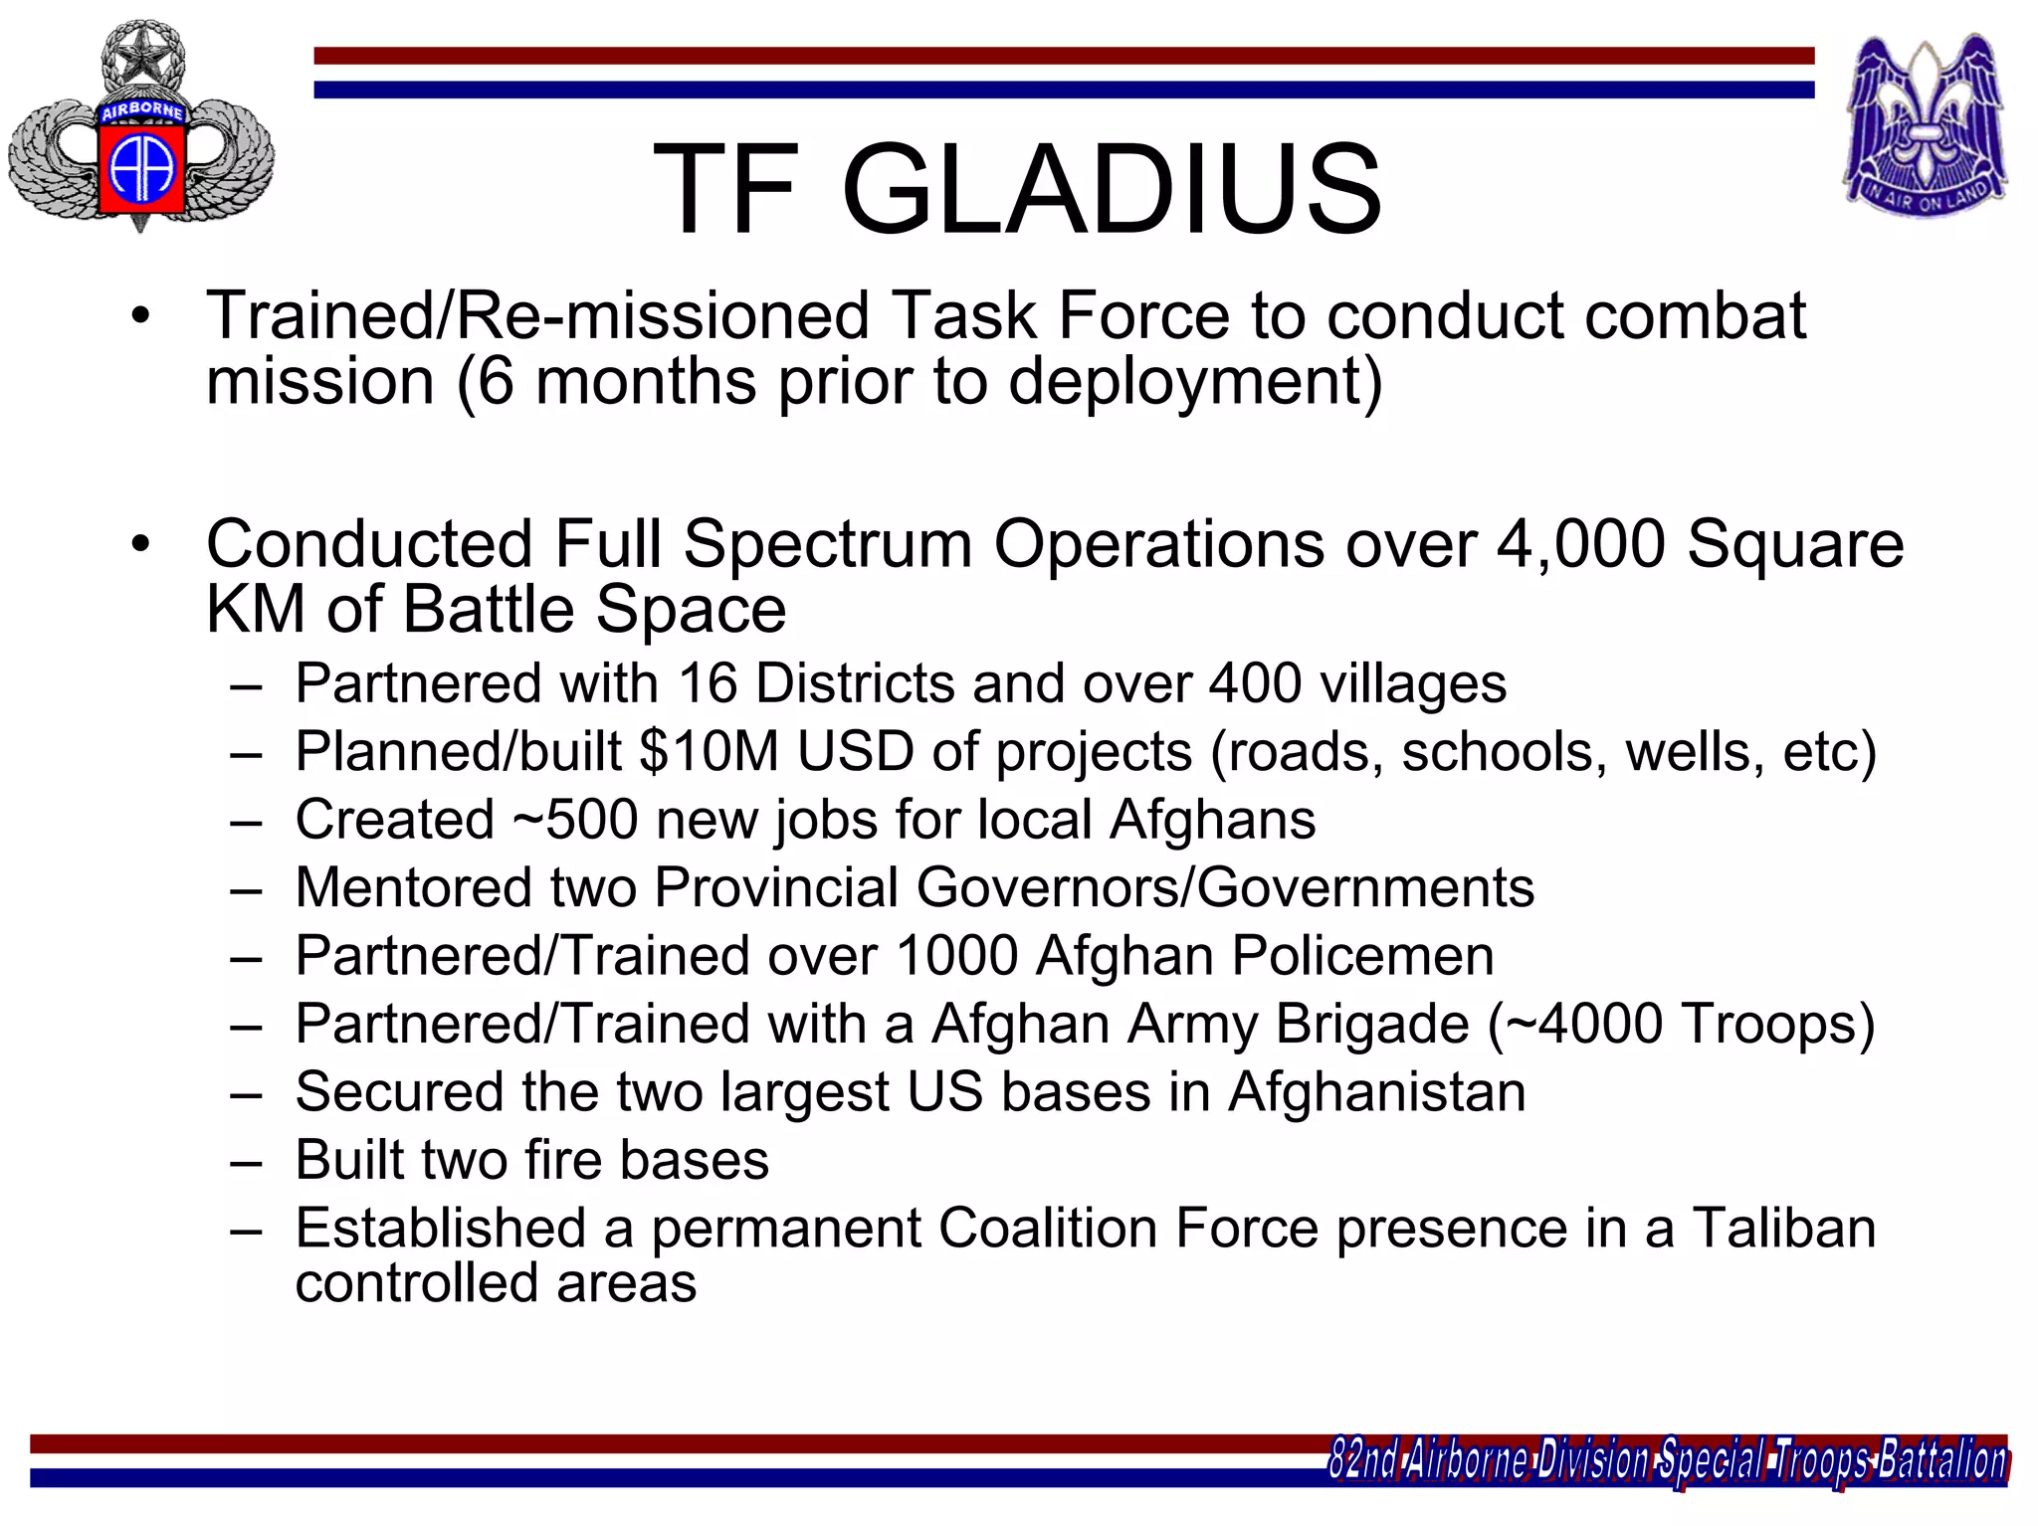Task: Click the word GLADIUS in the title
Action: [1112, 189]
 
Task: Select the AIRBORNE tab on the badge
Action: [141, 110]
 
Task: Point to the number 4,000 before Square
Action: [1580, 544]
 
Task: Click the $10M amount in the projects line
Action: [709, 751]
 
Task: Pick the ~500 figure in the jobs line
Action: [575, 820]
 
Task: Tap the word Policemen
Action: [1362, 956]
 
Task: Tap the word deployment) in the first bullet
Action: [1195, 382]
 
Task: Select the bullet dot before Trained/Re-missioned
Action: [141, 317]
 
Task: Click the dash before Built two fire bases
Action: [246, 1162]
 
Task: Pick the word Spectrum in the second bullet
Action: [827, 544]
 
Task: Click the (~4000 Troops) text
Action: [1681, 1024]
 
